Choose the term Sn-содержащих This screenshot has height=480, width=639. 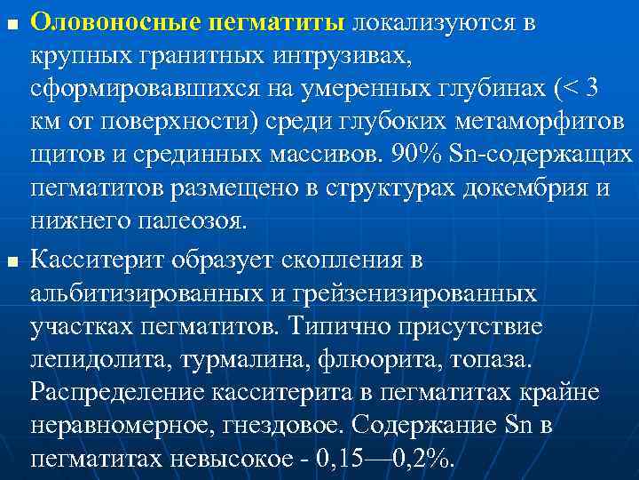[x=540, y=156]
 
